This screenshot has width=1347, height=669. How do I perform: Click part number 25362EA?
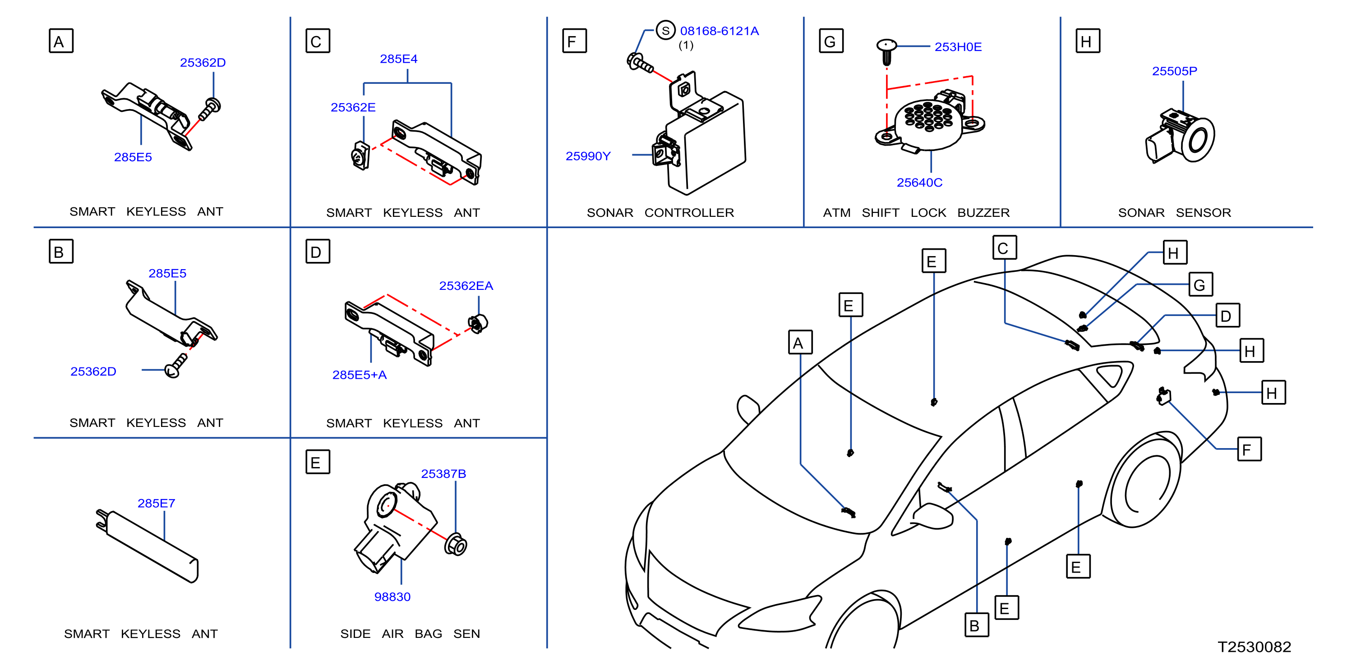(x=466, y=286)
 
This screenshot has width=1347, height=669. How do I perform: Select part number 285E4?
(x=398, y=59)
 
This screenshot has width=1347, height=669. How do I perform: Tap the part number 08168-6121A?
(x=720, y=32)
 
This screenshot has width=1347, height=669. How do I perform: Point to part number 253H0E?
(x=958, y=47)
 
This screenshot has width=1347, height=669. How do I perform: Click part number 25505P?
(x=1174, y=71)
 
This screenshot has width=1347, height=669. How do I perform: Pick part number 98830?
(x=392, y=597)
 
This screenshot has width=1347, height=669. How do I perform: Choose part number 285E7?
(x=157, y=503)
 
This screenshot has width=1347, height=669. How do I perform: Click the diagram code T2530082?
(x=1255, y=647)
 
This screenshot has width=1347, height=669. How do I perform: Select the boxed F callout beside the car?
(x=1249, y=449)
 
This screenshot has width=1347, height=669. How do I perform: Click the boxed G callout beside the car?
(x=1200, y=285)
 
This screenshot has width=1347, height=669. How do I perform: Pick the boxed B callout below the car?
(x=976, y=625)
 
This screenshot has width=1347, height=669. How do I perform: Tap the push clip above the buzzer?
(x=886, y=51)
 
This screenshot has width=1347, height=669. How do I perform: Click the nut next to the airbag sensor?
(x=456, y=545)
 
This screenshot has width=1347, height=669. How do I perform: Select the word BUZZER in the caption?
(x=983, y=213)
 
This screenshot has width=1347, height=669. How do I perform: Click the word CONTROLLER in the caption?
(x=689, y=213)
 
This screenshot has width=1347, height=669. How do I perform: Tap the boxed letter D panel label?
(x=318, y=252)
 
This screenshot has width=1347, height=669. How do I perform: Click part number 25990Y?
(x=588, y=156)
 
